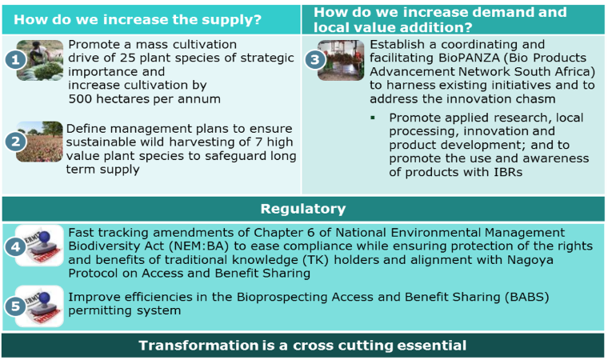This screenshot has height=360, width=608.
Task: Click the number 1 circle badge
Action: point(15,60)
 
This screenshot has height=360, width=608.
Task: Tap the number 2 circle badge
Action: point(15,142)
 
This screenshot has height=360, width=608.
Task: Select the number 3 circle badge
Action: point(315,60)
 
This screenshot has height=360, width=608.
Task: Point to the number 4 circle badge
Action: point(15,246)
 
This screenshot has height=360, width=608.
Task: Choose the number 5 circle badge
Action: point(15,306)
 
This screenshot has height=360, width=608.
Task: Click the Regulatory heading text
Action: point(303,209)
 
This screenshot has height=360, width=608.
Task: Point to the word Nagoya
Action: point(531,260)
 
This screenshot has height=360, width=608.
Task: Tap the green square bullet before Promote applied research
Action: point(373,118)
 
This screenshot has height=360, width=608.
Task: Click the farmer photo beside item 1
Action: point(40,60)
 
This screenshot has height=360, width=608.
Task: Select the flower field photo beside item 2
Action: point(39,142)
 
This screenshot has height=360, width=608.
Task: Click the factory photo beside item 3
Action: point(341,60)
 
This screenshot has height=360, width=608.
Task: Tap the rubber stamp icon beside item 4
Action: point(39,246)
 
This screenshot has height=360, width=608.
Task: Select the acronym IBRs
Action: point(508,172)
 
